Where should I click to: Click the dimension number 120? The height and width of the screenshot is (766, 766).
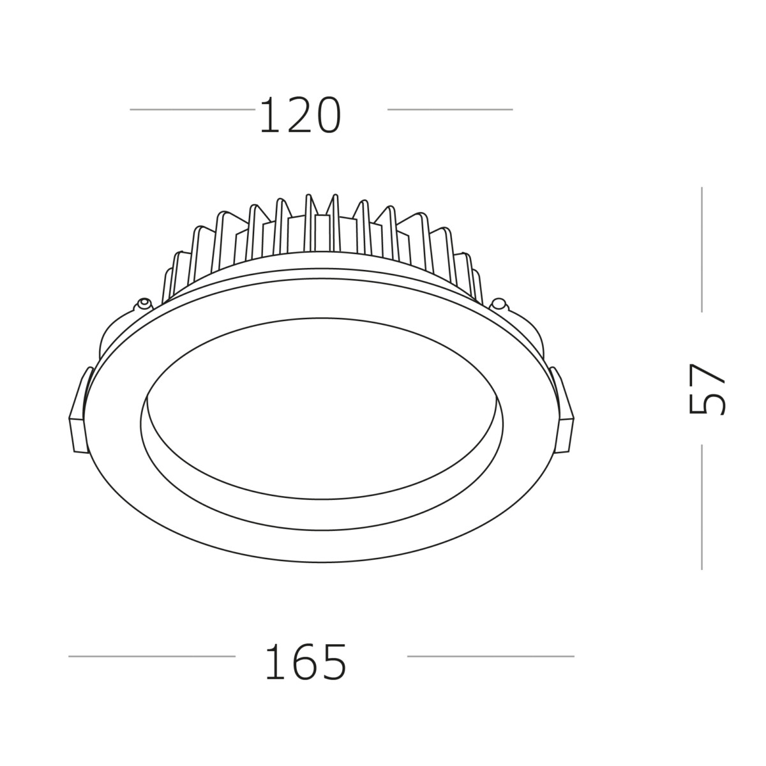tap(300, 116)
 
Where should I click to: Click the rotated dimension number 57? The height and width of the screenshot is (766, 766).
tap(707, 389)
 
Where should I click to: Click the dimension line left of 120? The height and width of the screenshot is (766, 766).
tap(192, 109)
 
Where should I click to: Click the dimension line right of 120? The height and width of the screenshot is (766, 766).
tap(449, 109)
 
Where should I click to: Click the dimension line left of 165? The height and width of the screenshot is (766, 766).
tap(152, 656)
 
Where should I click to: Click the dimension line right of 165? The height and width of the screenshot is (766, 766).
tap(490, 656)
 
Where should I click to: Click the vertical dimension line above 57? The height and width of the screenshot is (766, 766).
tap(702, 249)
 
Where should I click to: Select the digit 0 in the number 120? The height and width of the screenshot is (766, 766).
tap(326, 116)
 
